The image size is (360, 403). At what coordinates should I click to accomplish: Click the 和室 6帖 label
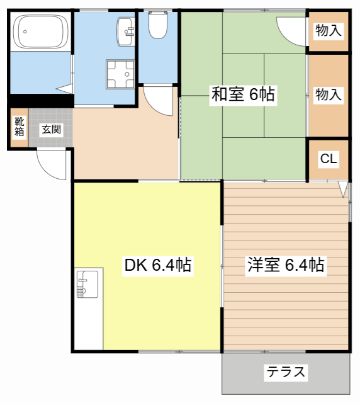[x=242, y=95]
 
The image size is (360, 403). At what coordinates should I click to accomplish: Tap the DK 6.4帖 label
[x=157, y=265]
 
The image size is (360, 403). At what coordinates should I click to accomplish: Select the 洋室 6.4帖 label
[x=284, y=265]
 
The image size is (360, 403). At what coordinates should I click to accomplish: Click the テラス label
[x=286, y=372]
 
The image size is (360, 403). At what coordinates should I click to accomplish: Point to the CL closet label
[x=328, y=159]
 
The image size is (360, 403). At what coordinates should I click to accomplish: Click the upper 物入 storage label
[x=328, y=30]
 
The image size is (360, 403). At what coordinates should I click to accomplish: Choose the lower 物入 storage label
[x=328, y=95]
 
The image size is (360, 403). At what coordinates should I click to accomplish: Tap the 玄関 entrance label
[x=51, y=130]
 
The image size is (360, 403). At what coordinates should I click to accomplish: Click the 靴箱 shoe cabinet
[x=20, y=127]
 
